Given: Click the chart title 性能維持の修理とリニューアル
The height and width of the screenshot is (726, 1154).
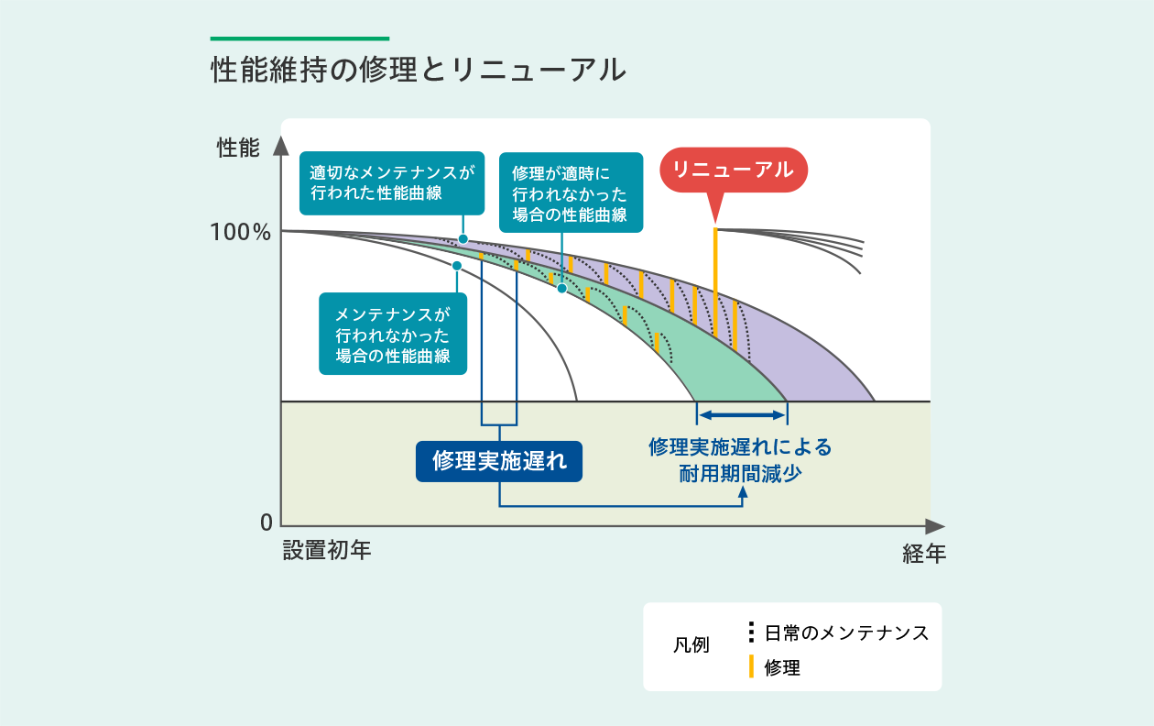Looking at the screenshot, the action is [419, 70].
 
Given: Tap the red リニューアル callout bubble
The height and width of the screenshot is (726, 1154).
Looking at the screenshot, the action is [734, 170].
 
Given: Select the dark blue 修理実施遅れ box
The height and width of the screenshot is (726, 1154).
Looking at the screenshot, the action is [499, 461].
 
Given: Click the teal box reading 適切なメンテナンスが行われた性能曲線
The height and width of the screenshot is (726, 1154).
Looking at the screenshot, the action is [392, 183].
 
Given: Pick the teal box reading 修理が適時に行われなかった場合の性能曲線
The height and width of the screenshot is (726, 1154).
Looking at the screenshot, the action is [571, 192].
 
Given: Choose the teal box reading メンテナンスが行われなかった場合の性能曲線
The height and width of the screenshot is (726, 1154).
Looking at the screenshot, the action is [393, 334].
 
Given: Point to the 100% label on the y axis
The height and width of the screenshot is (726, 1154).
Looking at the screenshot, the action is [240, 232].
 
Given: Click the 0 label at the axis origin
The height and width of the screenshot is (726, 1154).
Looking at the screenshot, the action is [267, 522].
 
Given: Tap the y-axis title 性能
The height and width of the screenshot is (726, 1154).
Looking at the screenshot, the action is [238, 148].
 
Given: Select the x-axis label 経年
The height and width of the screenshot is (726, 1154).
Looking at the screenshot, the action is [924, 554].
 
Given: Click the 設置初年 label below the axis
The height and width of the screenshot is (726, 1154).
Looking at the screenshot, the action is [327, 550].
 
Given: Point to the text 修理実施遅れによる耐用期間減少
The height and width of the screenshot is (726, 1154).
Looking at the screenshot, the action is [740, 460].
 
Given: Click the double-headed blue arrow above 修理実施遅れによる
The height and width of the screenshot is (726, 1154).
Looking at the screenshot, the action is [742, 415].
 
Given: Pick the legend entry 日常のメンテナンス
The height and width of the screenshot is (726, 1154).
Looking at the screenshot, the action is [846, 632].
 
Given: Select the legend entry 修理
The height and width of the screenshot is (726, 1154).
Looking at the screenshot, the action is [782, 667].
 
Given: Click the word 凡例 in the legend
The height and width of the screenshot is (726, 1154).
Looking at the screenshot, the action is [691, 645].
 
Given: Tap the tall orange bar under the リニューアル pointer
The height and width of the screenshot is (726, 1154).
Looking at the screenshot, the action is [715, 282].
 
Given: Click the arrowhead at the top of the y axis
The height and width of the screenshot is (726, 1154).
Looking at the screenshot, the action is [281, 146].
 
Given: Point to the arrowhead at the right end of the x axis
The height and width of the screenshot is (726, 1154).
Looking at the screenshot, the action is [935, 526].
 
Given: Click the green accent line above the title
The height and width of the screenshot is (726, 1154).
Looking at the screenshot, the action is [299, 38].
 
